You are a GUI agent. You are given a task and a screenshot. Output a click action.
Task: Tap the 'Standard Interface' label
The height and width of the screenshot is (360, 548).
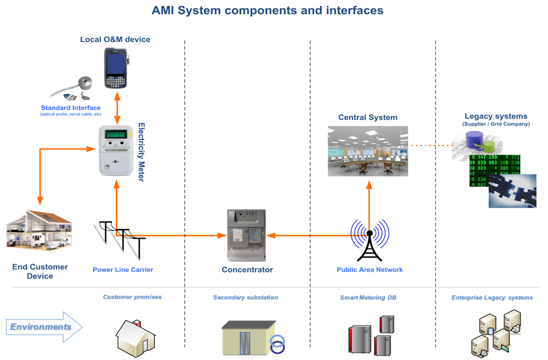[71, 108]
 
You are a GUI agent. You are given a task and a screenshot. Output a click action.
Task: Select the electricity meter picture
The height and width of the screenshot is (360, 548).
[116, 150]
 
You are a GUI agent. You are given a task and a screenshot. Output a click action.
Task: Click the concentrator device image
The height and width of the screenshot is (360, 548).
[246, 235]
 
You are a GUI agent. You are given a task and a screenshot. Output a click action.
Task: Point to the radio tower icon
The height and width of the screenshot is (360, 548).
[369, 241]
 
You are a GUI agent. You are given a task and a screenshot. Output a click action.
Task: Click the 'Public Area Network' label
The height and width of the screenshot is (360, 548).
[369, 270]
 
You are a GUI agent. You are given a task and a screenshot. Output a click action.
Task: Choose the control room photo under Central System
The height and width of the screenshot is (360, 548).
[367, 151]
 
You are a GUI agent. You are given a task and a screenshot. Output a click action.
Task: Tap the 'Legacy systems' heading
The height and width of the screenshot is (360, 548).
[496, 116]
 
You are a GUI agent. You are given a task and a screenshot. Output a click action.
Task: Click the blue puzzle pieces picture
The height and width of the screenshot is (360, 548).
[512, 191]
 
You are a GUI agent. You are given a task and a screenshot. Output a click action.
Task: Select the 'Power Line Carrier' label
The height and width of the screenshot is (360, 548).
[123, 270]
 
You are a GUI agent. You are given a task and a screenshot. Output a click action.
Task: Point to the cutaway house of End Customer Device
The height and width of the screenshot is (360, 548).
[39, 232]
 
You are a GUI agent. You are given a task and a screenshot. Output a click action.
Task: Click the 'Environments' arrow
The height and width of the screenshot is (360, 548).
[44, 327]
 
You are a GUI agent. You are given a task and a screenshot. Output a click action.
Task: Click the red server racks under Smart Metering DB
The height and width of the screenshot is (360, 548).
[371, 335]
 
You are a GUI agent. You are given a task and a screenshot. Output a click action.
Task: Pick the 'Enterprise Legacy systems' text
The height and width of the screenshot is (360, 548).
[492, 297]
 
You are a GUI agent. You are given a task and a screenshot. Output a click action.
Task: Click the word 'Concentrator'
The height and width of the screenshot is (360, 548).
[247, 270]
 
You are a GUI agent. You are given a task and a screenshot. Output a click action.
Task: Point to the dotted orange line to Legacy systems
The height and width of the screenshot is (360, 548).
[430, 145]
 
